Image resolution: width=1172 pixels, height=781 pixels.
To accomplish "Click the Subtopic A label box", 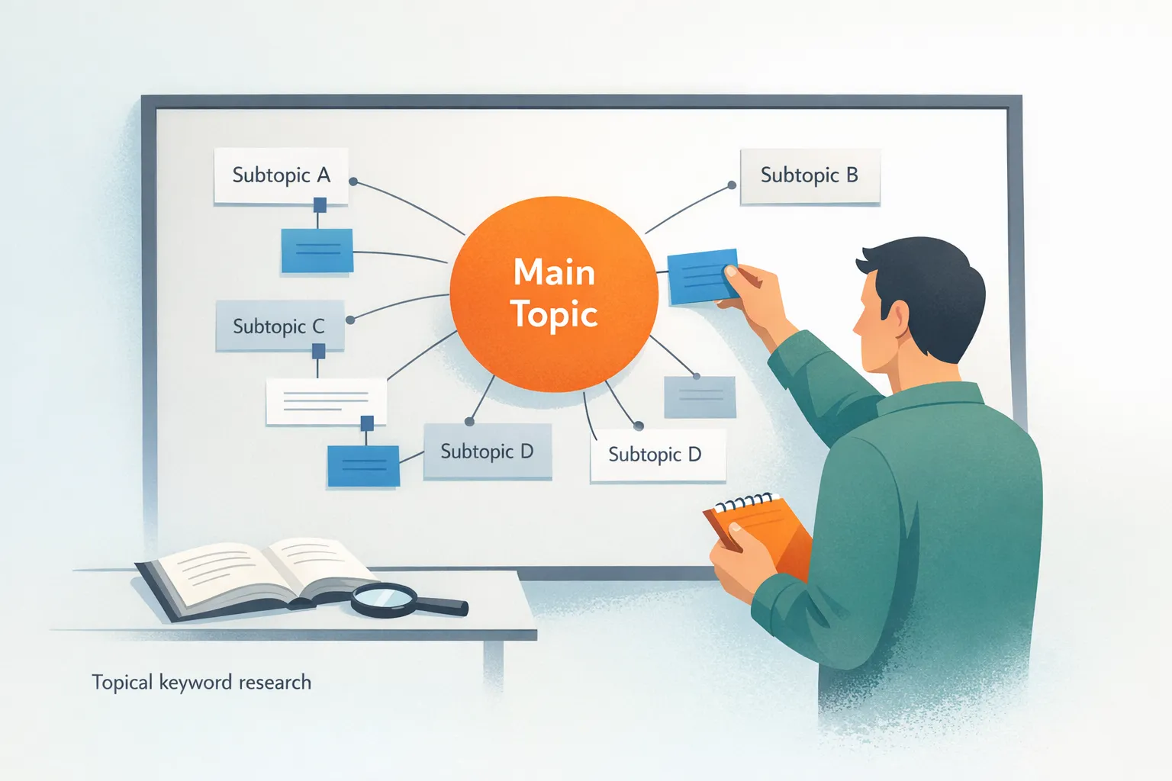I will (x=281, y=175).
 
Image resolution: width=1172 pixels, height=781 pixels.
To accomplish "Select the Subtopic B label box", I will (x=810, y=176).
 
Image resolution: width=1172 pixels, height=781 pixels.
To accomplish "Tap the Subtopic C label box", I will (x=279, y=326).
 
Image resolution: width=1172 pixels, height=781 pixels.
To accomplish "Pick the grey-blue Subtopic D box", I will (x=487, y=452).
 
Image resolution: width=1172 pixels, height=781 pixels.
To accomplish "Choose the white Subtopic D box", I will (x=656, y=455).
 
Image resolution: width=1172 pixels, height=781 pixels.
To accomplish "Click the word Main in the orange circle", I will (x=554, y=272).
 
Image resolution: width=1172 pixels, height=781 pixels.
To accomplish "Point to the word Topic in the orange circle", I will (x=554, y=314).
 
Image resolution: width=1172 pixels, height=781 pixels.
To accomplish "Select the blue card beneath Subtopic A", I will (x=317, y=250).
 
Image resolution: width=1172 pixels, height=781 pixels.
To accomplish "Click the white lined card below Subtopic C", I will (x=326, y=401).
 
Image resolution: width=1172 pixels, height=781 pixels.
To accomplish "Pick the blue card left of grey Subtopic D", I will (x=363, y=465).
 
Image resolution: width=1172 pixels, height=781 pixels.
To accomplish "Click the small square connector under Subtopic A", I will (x=320, y=204).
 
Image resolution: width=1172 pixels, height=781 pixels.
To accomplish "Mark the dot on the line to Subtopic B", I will (x=732, y=185).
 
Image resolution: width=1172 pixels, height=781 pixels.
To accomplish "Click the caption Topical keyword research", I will (x=201, y=682).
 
